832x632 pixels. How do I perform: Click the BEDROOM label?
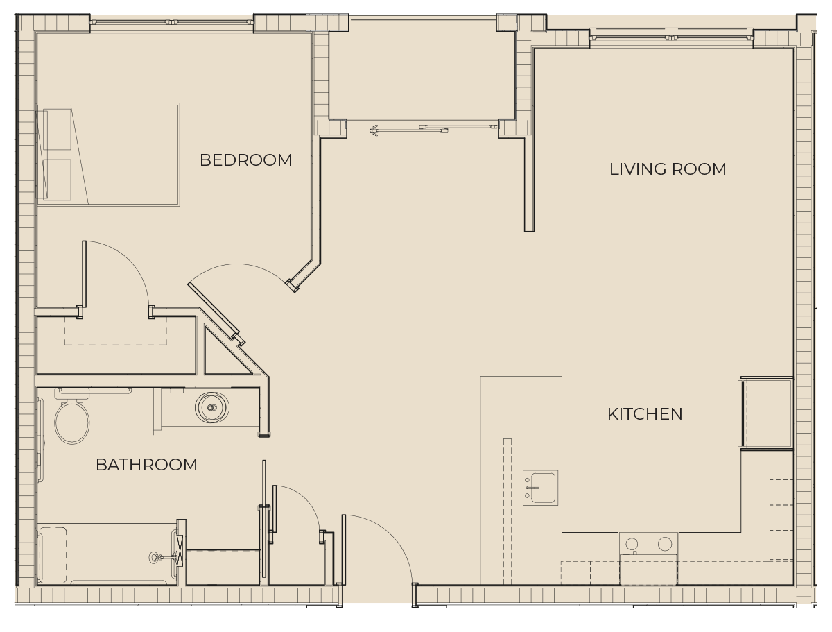245,160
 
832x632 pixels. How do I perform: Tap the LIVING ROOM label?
668,169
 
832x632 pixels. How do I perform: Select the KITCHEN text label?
645,414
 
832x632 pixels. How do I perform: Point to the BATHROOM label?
146,465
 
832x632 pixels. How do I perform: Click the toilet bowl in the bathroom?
72,422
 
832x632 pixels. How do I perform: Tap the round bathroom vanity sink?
212,407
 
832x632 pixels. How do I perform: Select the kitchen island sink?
541,488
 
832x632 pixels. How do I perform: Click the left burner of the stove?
632,544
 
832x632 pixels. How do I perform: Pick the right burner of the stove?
665,544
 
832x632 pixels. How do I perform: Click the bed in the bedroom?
108,155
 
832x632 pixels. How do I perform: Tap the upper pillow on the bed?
58,129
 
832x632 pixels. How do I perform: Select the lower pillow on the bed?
58,180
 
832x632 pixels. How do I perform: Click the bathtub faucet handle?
154,557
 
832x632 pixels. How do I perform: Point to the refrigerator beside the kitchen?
766,413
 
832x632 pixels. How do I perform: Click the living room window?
671,37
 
